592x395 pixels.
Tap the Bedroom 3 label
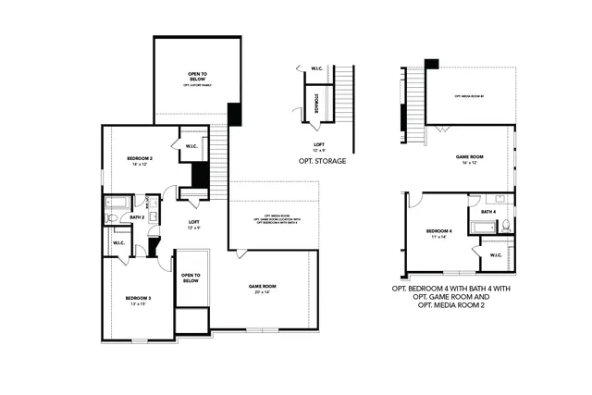[138, 300]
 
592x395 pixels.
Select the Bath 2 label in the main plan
[136, 217]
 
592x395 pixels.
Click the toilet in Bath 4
[505, 224]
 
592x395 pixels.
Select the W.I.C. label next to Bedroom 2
[191, 145]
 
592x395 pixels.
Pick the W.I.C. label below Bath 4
[495, 255]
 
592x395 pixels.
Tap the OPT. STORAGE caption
[322, 161]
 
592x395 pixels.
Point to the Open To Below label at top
[197, 77]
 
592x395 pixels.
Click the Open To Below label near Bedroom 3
[190, 278]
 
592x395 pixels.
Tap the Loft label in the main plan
[194, 224]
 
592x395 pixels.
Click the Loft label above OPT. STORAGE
[318, 146]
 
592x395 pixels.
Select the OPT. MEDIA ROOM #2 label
[470, 96]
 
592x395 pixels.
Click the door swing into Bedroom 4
[416, 201]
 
